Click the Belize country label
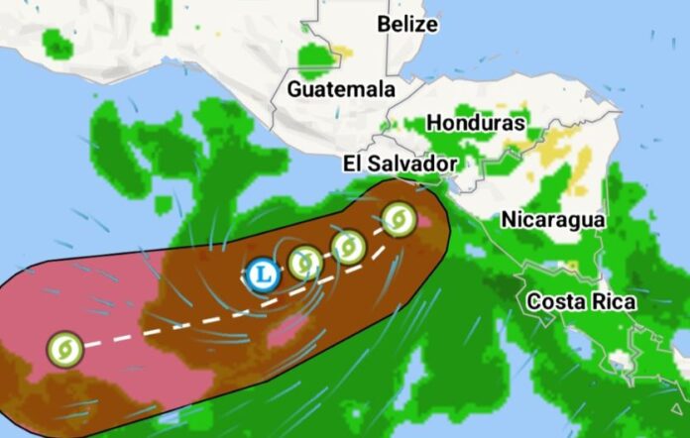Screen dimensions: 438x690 point(407,24)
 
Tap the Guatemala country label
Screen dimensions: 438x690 point(341,89)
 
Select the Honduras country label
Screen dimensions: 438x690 point(475,123)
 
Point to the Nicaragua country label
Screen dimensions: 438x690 point(552,219)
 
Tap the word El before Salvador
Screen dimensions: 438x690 point(355,164)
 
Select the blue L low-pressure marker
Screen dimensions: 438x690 point(262,272)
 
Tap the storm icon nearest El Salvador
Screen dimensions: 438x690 point(398,218)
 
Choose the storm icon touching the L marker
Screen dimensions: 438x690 point(303,263)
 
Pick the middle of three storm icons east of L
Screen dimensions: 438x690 point(348,246)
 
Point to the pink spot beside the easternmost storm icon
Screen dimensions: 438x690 point(424,219)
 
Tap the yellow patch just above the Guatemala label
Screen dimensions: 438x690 point(343,51)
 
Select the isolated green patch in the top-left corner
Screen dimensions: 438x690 point(58,43)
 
